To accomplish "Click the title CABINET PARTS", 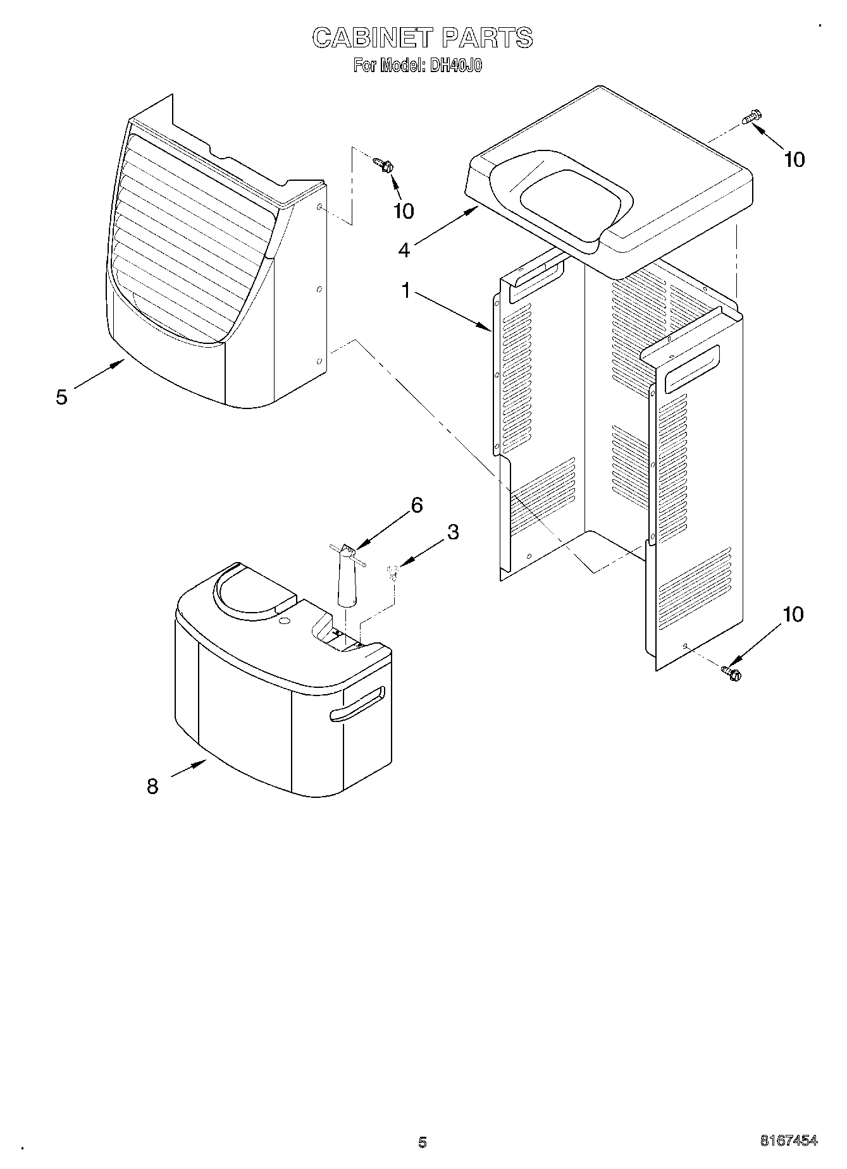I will pyautogui.click(x=423, y=38).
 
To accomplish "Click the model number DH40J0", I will pyautogui.click(x=456, y=66).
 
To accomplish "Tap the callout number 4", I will pyautogui.click(x=404, y=250).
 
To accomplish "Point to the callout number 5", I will pyautogui.click(x=61, y=397).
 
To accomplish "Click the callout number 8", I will pyautogui.click(x=152, y=786).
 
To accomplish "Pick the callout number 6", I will pyautogui.click(x=416, y=505).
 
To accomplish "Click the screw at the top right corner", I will pyautogui.click(x=752, y=117).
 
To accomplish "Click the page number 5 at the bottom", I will pyautogui.click(x=423, y=1142).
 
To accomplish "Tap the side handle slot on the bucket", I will pyautogui.click(x=357, y=704).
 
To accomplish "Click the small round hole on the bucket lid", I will pyautogui.click(x=284, y=622).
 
